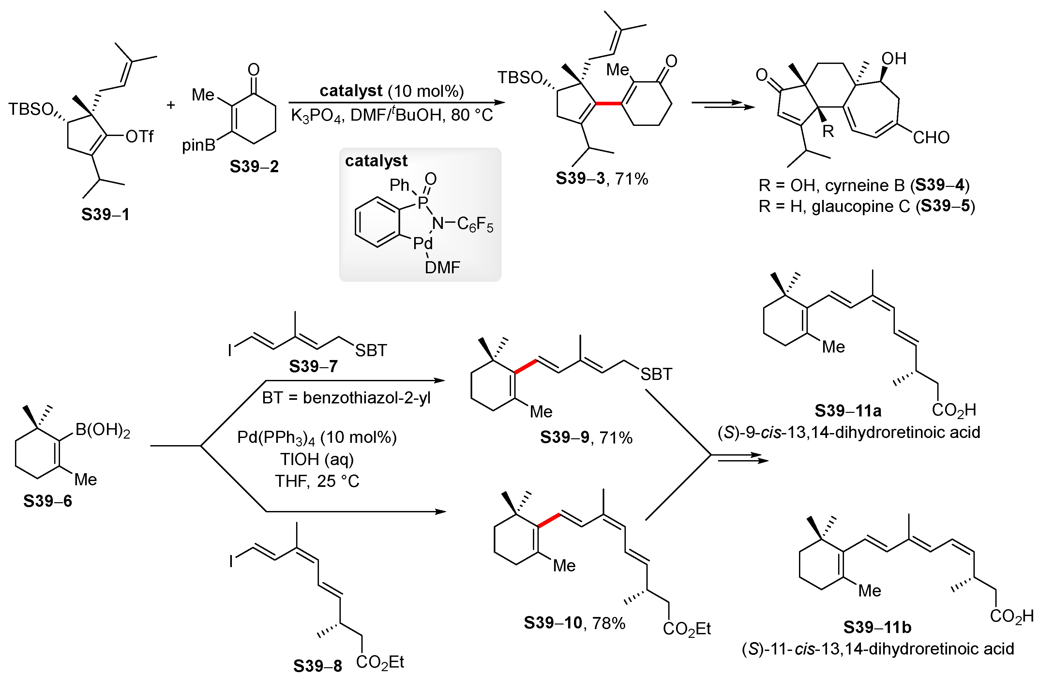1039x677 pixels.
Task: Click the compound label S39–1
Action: [x=105, y=214]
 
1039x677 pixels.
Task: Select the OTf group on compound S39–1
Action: [x=139, y=137]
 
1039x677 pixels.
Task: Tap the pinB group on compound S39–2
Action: [x=199, y=145]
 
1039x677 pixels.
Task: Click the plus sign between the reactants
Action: [x=171, y=105]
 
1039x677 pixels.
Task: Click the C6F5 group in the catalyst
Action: [x=475, y=224]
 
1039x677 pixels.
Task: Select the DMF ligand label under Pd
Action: [x=442, y=267]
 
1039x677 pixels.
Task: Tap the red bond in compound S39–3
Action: [x=608, y=103]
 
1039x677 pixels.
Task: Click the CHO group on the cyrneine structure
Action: [x=931, y=138]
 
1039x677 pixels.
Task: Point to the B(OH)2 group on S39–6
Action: [x=103, y=430]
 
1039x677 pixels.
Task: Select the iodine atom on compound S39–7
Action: [x=230, y=351]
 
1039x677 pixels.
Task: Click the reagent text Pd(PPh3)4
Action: [x=276, y=437]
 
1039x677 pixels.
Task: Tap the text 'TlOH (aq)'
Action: [x=317, y=459]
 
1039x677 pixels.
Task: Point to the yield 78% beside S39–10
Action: [x=609, y=623]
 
